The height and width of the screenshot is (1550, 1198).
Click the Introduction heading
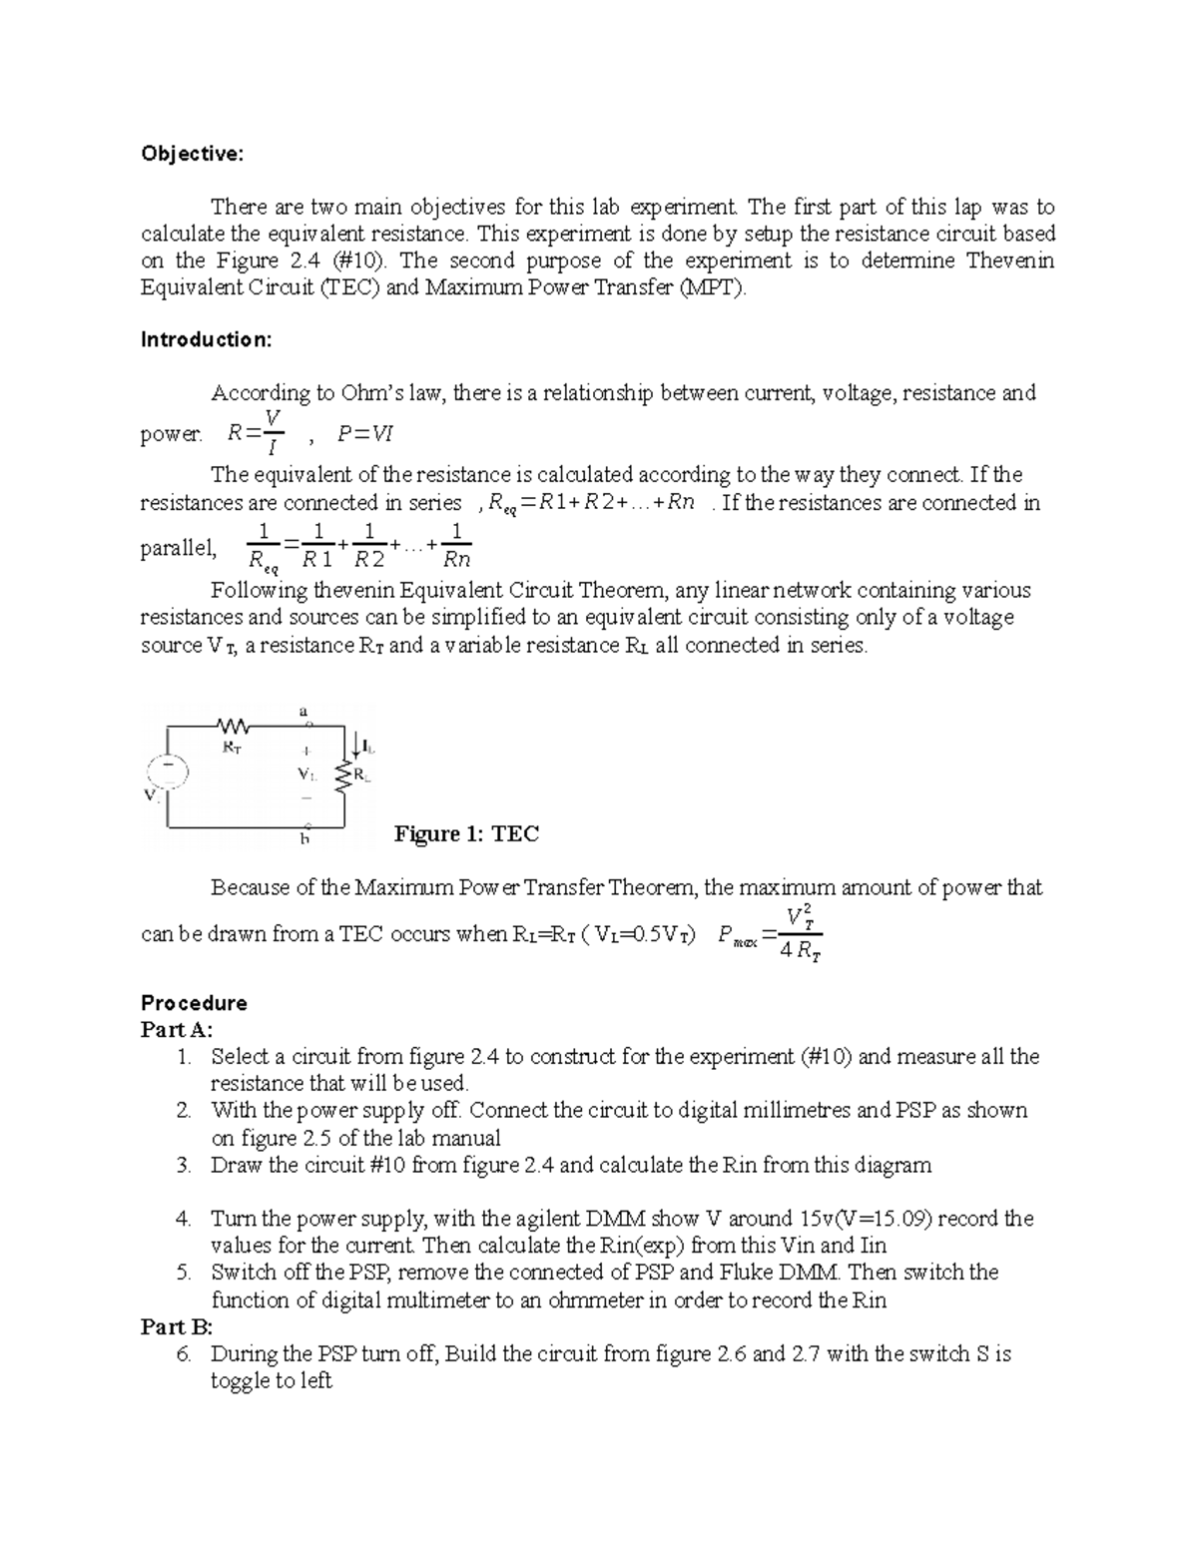[206, 339]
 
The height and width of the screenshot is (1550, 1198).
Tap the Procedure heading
[194, 1002]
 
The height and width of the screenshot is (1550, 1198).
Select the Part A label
[177, 1029]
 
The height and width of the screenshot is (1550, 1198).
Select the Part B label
[177, 1326]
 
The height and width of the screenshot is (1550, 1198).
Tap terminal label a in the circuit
[303, 711]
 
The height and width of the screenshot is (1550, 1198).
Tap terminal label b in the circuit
[305, 839]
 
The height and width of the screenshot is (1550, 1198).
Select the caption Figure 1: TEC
[466, 833]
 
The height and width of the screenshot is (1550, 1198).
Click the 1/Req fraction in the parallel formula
[263, 547]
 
